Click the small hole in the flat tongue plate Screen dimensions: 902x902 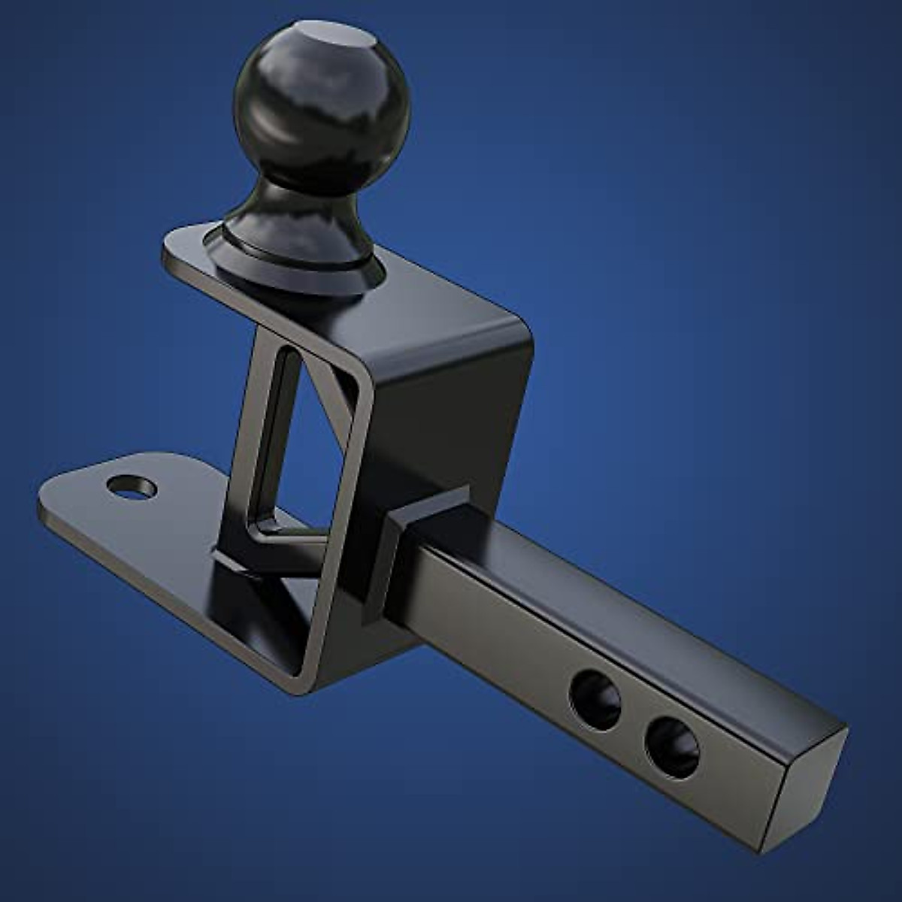click(x=132, y=487)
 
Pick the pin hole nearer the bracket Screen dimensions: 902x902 click(x=595, y=699)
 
